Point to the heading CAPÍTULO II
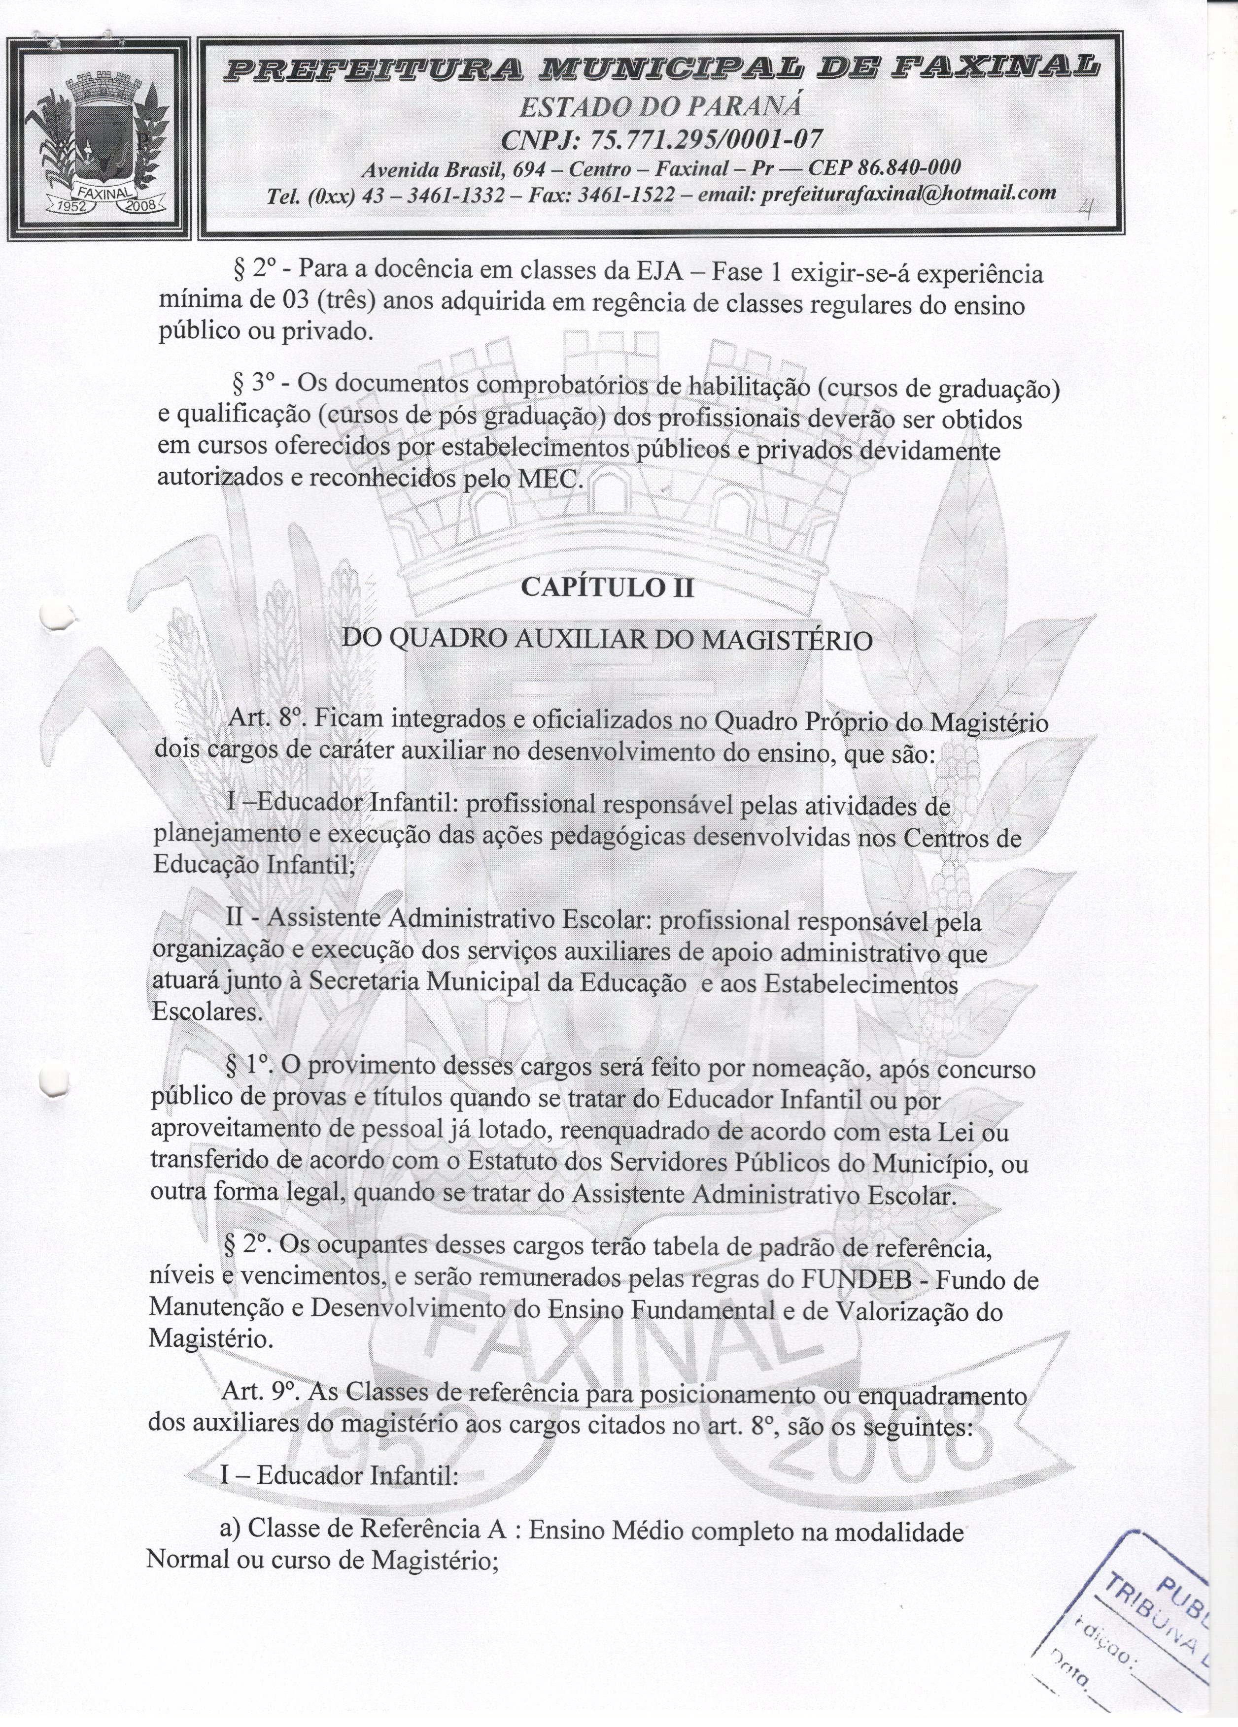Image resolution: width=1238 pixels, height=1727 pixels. click(x=607, y=588)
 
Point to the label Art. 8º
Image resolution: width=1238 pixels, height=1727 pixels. click(x=260, y=719)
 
